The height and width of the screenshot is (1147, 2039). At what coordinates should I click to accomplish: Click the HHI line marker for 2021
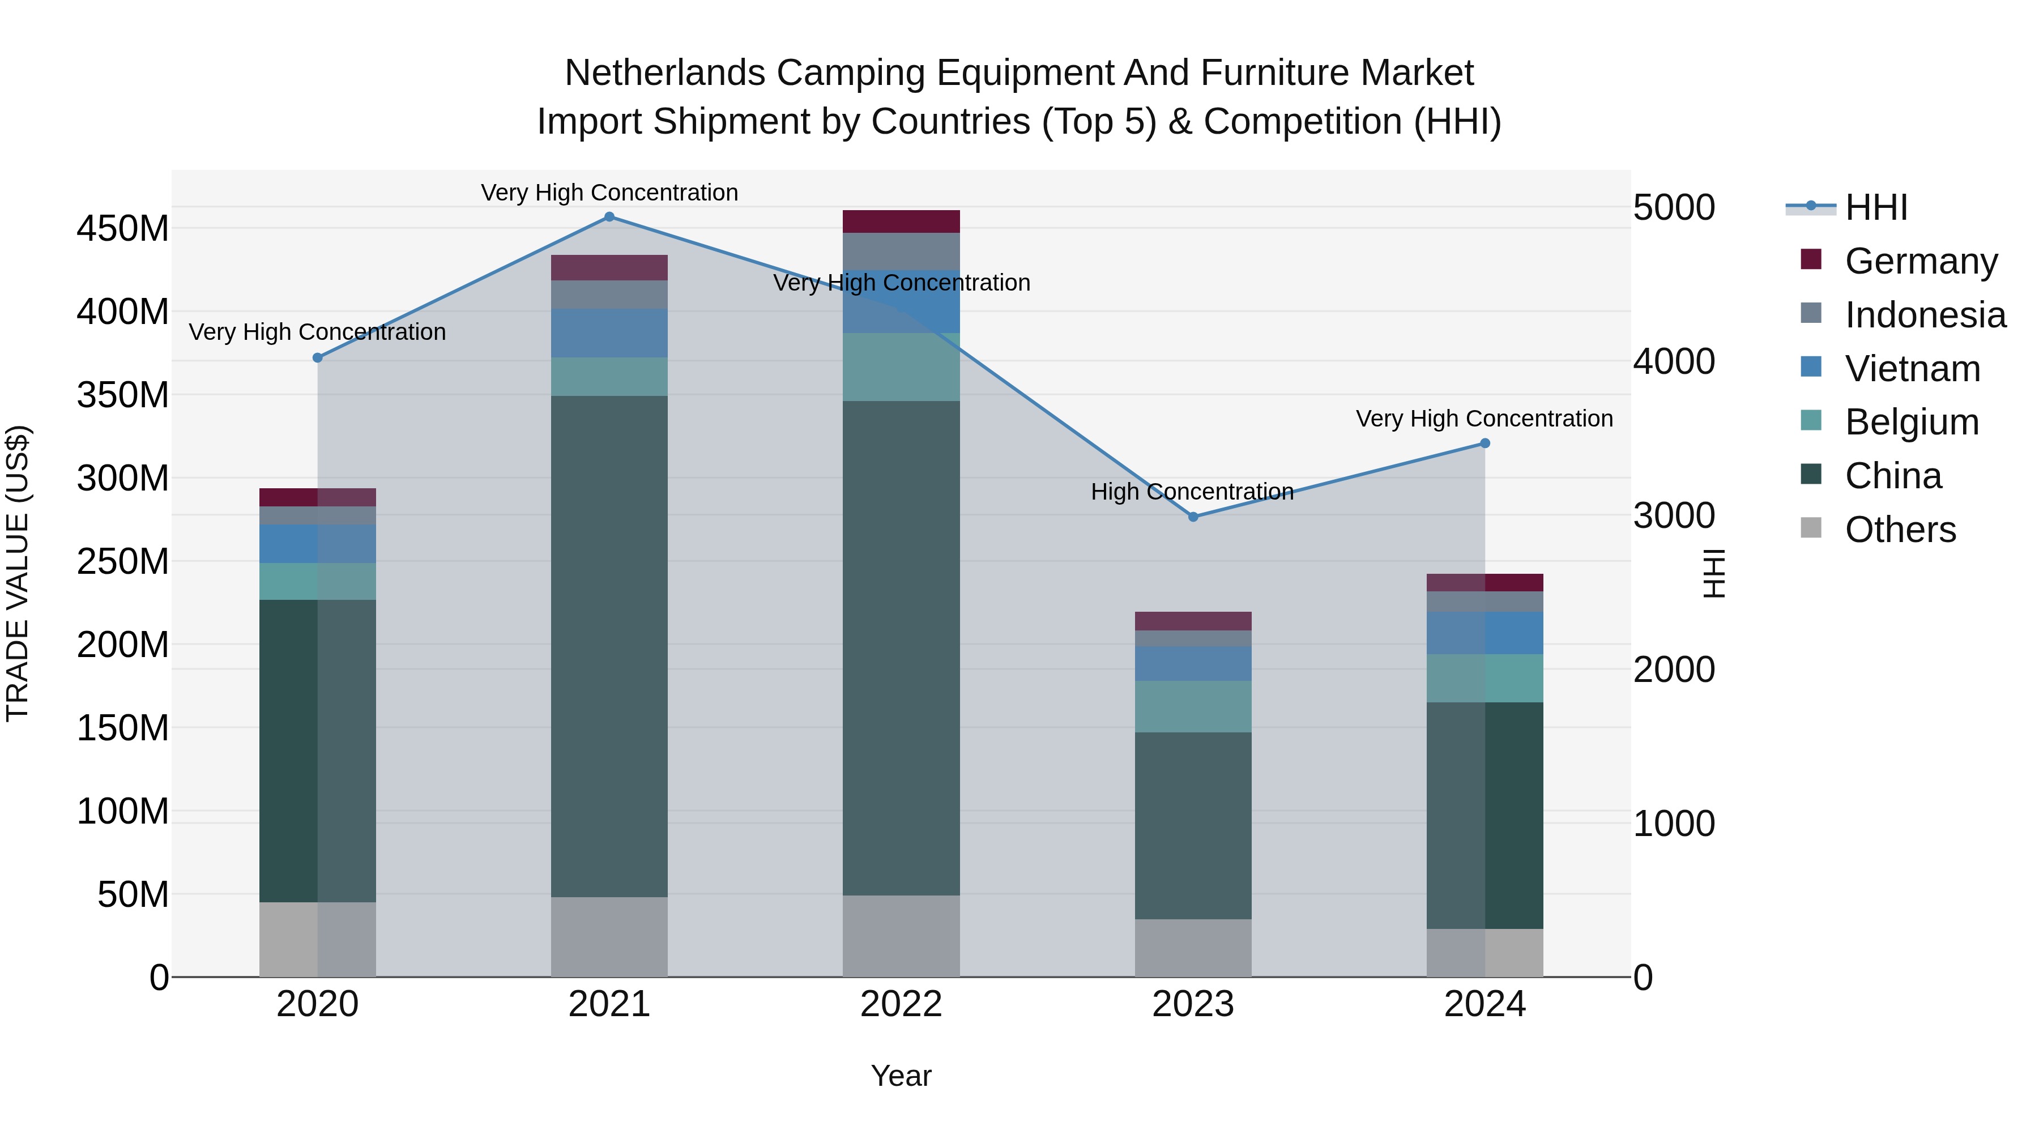click(609, 217)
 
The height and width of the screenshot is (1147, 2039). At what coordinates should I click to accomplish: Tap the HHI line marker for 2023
click(1193, 517)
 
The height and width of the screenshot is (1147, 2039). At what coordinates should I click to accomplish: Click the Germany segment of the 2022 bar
click(901, 221)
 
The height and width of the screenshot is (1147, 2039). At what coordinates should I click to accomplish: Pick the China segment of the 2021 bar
click(609, 645)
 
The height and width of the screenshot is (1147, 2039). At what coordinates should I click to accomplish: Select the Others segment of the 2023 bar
click(1193, 948)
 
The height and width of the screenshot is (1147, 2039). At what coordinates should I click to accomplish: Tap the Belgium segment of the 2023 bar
click(1193, 706)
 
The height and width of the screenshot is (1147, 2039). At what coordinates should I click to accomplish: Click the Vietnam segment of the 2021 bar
click(609, 333)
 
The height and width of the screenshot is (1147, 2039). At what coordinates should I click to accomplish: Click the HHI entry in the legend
click(1876, 207)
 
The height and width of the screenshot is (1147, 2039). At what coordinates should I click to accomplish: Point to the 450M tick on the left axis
click(123, 229)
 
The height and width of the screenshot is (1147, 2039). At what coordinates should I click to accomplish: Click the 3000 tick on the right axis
click(1673, 515)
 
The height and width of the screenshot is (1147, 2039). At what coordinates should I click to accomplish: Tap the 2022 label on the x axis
click(901, 1004)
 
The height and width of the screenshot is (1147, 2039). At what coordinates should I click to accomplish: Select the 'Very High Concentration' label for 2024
click(1483, 419)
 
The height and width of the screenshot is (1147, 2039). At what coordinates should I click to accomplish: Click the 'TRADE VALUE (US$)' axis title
click(18, 573)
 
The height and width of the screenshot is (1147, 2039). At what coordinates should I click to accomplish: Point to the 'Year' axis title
click(901, 1076)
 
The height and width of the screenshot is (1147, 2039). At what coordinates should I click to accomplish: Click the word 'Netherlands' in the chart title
click(665, 73)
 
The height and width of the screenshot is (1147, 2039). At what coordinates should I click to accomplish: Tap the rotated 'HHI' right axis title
click(1714, 573)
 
